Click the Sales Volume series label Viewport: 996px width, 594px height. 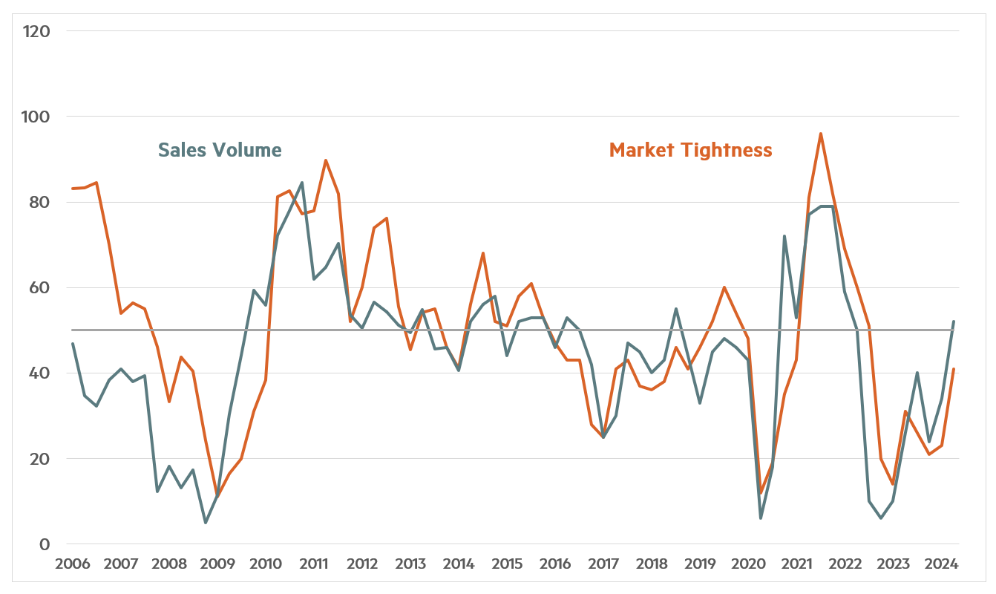coord(220,150)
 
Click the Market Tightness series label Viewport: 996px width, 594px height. coord(690,150)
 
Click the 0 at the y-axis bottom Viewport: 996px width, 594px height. coord(44,544)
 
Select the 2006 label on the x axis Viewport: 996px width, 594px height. coord(73,564)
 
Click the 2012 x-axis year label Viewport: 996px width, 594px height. coord(362,564)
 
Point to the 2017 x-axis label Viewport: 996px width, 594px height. coord(603,564)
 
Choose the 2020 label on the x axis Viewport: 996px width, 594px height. coord(748,564)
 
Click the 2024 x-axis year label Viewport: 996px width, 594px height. coord(941,564)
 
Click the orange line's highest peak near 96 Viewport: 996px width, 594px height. coord(821,134)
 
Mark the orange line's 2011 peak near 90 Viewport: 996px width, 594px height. coord(326,160)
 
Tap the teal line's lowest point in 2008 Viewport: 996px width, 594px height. coord(205,523)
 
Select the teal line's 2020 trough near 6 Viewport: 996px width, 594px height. coord(760,518)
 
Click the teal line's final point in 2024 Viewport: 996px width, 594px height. coord(954,322)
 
